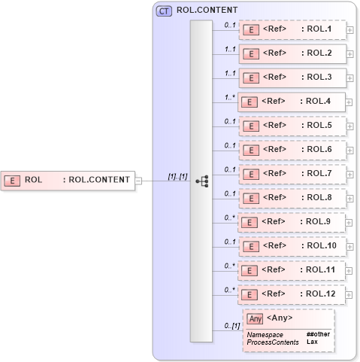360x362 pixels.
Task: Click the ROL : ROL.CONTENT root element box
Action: click(68, 180)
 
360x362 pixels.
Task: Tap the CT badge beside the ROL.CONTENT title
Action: click(162, 11)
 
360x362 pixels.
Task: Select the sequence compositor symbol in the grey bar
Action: click(201, 181)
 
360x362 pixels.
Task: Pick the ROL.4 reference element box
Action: click(292, 102)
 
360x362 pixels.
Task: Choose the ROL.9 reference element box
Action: click(292, 222)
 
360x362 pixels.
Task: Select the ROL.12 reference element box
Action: click(292, 294)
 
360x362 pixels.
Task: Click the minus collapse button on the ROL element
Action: click(138, 180)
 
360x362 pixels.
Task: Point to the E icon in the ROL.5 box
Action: click(253, 126)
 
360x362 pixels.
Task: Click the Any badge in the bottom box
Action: click(255, 318)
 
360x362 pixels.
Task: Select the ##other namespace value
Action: click(318, 333)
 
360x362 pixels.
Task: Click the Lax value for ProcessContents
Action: click(312, 342)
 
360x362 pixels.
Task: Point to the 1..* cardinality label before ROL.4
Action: click(230, 97)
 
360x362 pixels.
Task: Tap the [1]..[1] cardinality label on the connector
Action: click(177, 176)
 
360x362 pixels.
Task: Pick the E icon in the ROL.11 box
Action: click(253, 270)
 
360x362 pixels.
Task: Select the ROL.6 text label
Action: click(316, 150)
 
